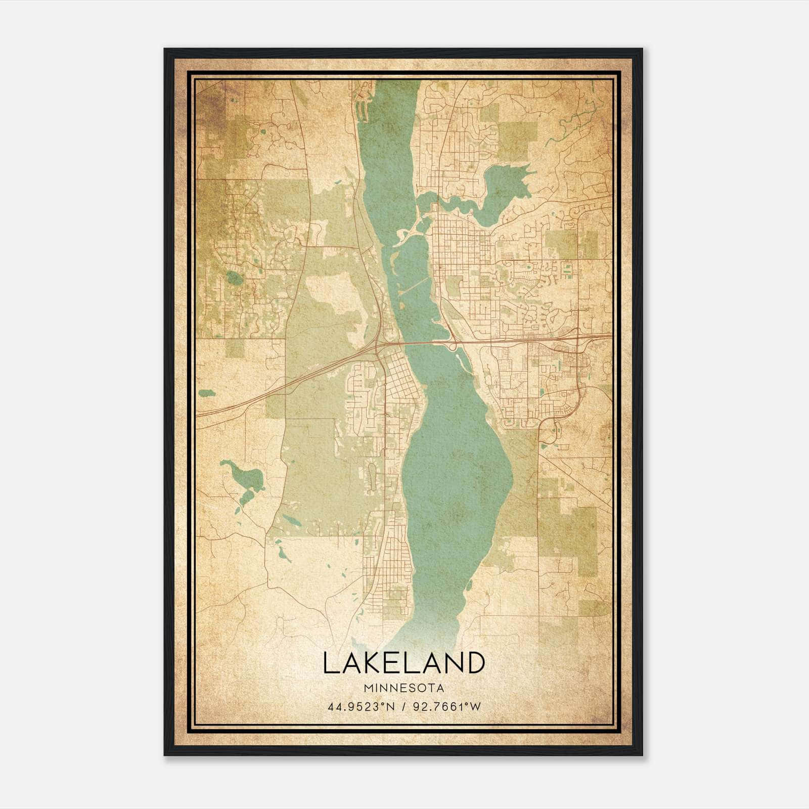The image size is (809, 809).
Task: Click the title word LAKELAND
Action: [x=403, y=663]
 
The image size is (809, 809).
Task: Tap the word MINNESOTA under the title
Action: [x=403, y=688]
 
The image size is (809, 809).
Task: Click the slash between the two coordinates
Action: [x=402, y=707]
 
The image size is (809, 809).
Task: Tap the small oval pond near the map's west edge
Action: [x=206, y=392]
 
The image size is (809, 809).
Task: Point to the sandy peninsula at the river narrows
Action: [x=407, y=234]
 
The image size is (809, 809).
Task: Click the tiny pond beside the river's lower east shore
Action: [x=470, y=586]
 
